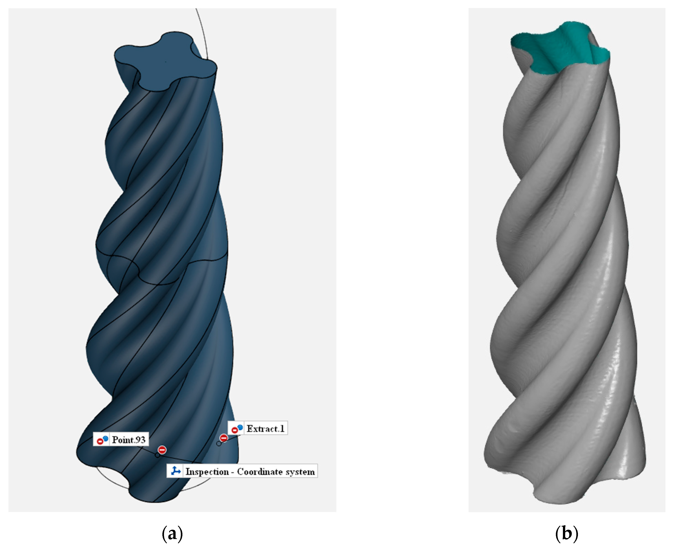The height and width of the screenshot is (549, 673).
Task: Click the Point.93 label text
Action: (129, 440)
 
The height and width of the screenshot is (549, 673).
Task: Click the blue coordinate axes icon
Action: (175, 471)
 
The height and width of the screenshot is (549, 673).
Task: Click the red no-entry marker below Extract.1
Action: (224, 438)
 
